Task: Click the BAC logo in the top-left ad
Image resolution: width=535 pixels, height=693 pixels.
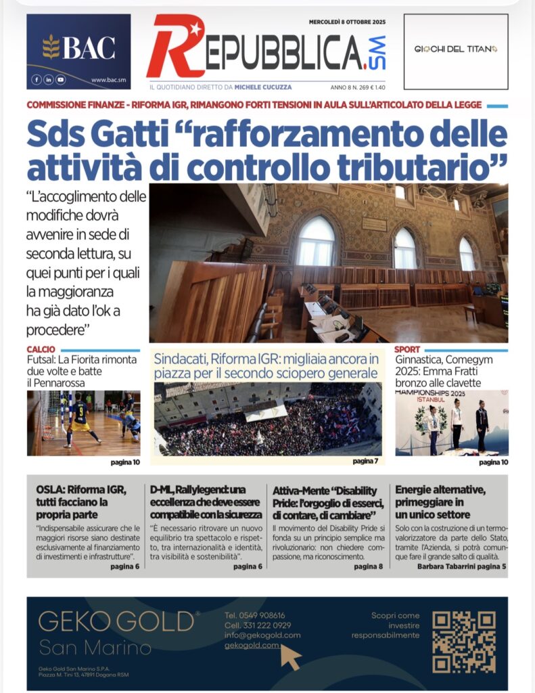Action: (78, 47)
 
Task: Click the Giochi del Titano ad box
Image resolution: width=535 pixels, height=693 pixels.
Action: (455, 51)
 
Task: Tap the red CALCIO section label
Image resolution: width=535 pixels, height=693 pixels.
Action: (41, 349)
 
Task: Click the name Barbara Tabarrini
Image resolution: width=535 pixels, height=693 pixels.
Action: (446, 566)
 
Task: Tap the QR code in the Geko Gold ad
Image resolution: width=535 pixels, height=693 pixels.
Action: (463, 642)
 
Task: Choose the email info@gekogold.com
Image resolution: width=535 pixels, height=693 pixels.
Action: (262, 635)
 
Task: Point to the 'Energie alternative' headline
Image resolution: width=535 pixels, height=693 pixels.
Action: (440, 489)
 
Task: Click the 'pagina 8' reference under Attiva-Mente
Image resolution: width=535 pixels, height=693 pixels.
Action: (368, 566)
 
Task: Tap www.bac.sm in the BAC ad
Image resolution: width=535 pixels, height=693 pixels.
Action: (109, 80)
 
